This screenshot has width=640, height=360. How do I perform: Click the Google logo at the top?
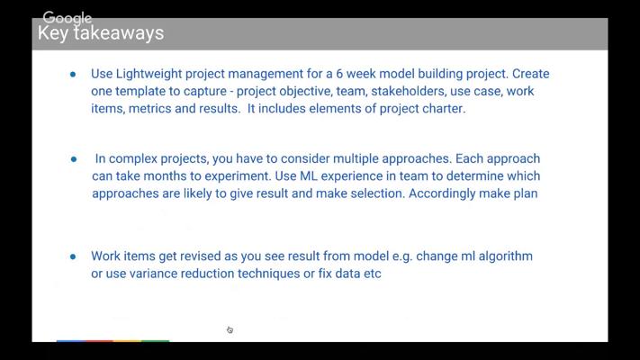tap(68, 18)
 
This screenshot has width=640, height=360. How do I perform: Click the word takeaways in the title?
tap(119, 32)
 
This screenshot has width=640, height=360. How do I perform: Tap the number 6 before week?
tap(339, 74)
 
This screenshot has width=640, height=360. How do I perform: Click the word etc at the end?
tap(373, 274)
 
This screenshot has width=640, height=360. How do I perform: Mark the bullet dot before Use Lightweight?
tap(73, 75)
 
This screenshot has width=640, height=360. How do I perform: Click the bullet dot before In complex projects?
tap(74, 159)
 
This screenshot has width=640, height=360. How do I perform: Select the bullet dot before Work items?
tap(73, 256)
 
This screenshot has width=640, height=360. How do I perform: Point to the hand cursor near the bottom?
tap(230, 329)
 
